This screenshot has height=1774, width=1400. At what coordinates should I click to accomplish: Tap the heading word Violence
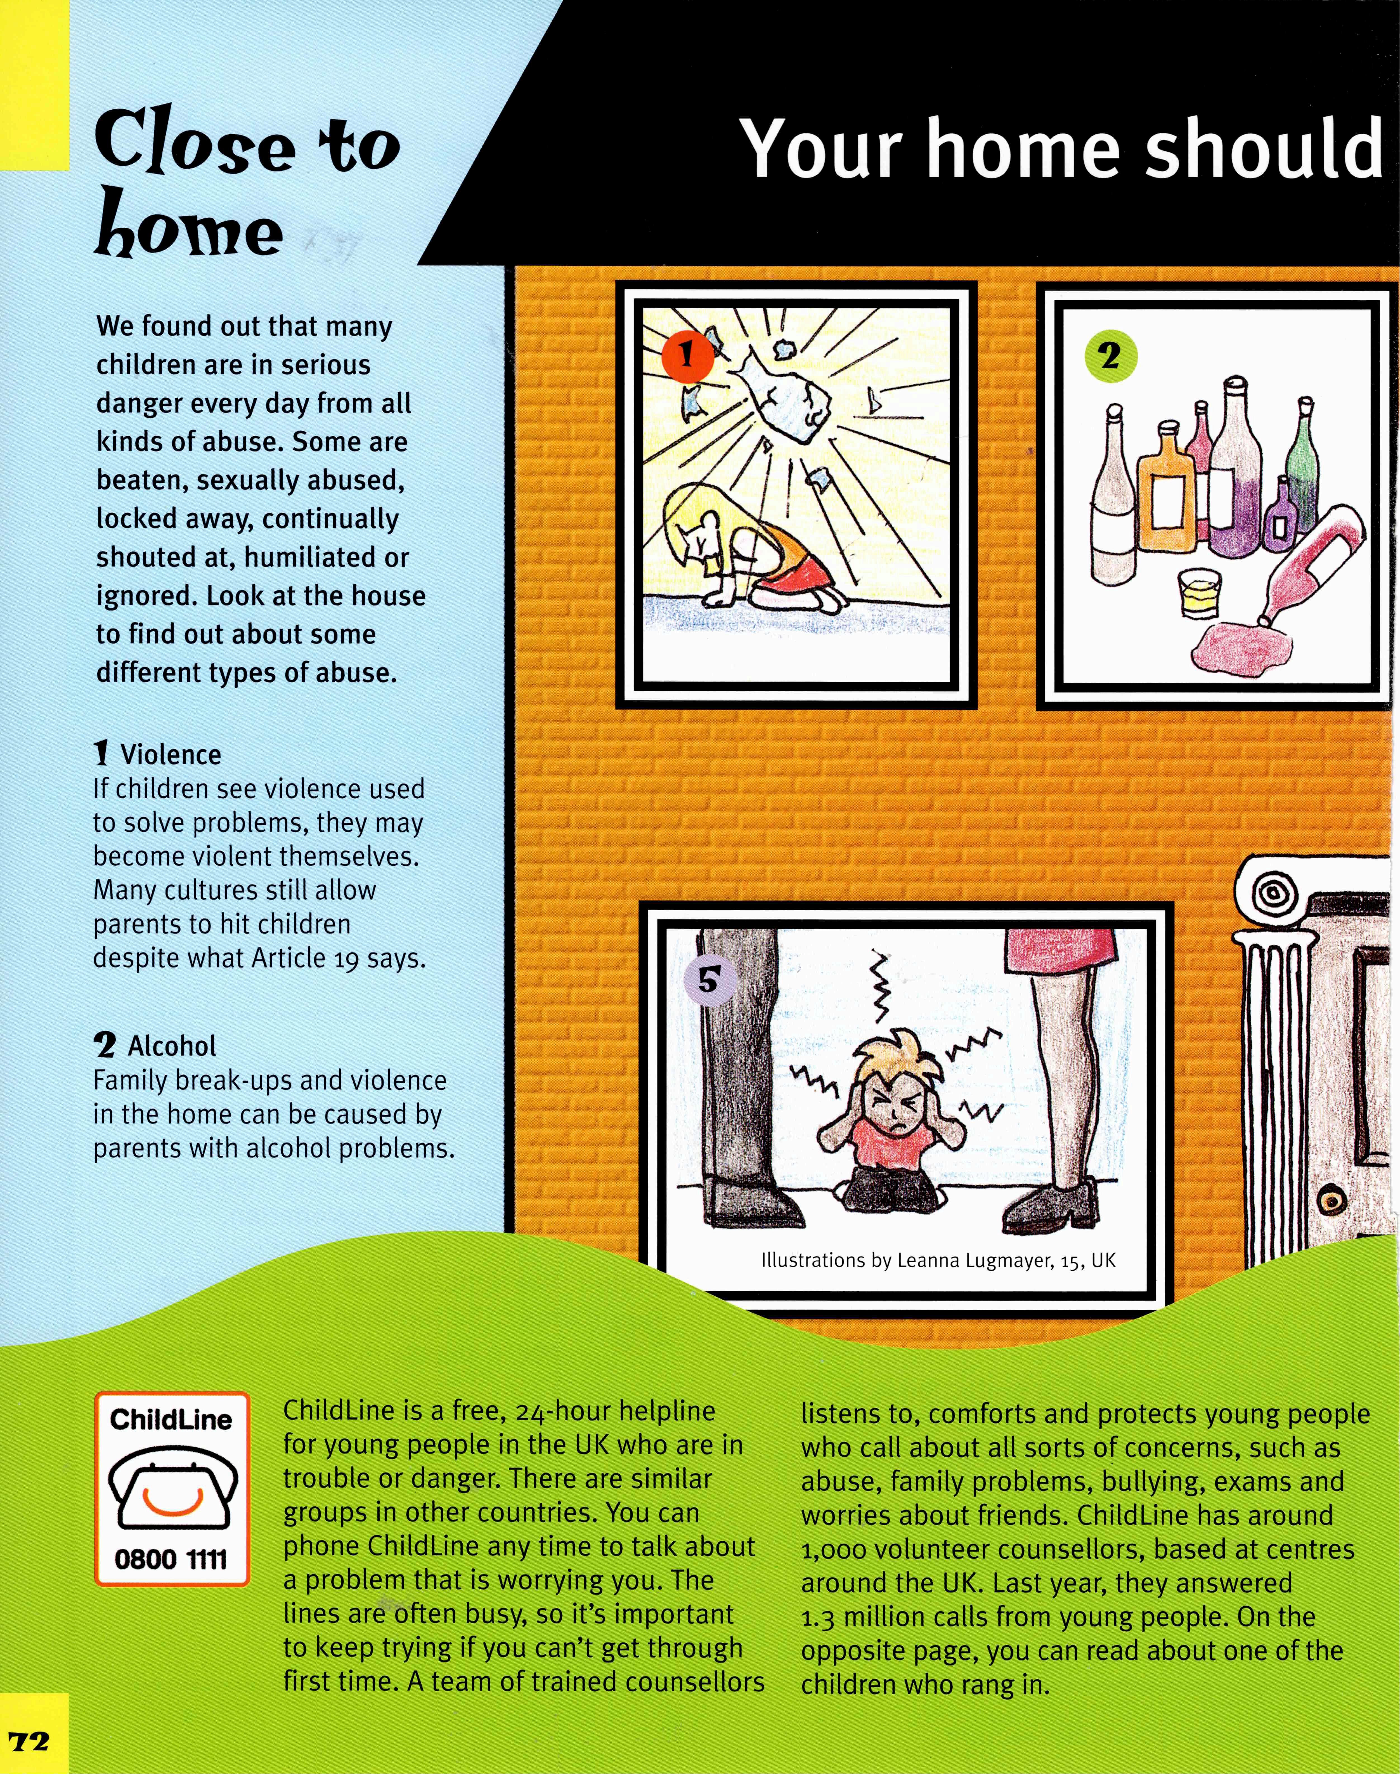(171, 754)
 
